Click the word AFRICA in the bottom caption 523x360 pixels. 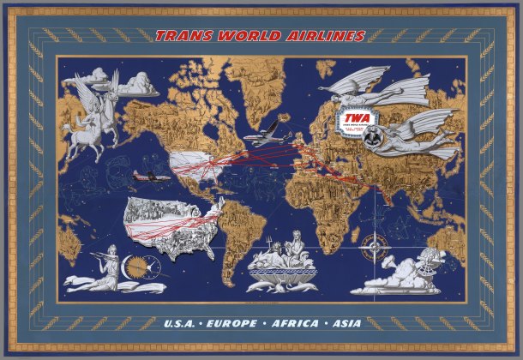coord(293,324)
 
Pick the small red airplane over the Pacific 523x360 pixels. coord(147,175)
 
